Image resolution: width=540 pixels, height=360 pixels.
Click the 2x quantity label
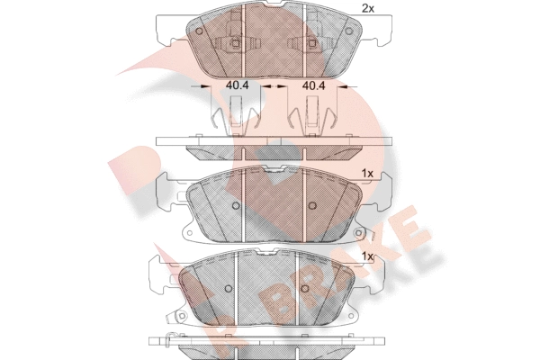coord(367,9)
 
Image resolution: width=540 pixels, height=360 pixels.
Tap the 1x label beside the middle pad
coord(367,174)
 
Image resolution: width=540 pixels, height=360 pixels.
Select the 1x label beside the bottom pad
coord(367,256)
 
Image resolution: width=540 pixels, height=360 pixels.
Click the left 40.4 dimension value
coord(237,85)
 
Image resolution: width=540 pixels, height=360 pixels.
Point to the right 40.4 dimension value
coord(313,85)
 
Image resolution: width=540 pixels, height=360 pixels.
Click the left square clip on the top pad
coord(236,43)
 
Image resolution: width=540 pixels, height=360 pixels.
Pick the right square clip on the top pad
coord(312,43)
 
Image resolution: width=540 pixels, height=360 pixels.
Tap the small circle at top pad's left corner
coord(199,31)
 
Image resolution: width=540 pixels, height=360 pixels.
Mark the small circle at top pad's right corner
coord(349,31)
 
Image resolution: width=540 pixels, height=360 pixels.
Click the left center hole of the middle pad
coord(236,206)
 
